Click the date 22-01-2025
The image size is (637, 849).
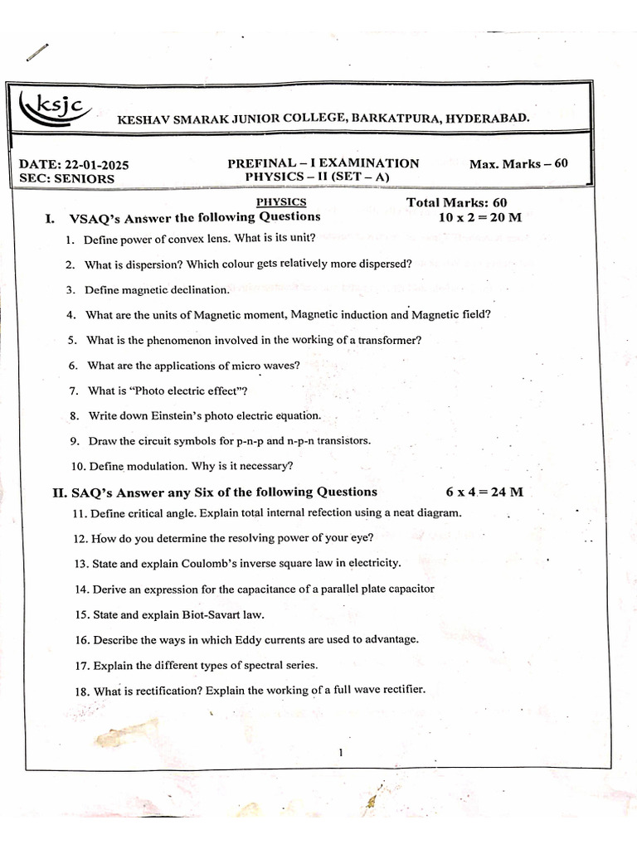(x=92, y=164)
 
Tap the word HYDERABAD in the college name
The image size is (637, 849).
(x=486, y=119)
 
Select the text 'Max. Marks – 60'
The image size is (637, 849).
(x=518, y=163)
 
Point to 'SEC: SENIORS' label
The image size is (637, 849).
(x=67, y=178)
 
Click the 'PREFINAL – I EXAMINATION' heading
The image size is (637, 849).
(x=323, y=163)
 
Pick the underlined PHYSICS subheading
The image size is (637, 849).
(x=281, y=201)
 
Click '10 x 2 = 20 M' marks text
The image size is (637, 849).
(x=480, y=217)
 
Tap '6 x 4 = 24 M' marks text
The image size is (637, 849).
(x=484, y=492)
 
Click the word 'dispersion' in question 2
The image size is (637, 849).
(x=148, y=264)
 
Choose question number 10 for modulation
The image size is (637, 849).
(x=79, y=466)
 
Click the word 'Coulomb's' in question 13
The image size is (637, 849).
(x=211, y=563)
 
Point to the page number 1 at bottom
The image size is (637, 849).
(x=340, y=753)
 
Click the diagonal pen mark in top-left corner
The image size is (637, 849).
(x=37, y=51)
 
